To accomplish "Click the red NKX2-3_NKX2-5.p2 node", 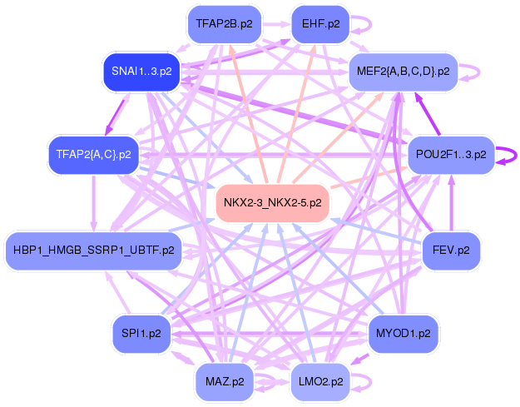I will tap(273, 202).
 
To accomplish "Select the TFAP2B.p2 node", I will tap(219, 24).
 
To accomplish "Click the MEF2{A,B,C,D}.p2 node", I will tap(403, 72).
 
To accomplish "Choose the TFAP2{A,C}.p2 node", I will tap(93, 156).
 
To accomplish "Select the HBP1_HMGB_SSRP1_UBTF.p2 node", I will tap(93, 249).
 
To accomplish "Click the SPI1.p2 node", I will tap(141, 333).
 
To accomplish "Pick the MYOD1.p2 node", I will tap(403, 333).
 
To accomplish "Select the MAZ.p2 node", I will tap(225, 382).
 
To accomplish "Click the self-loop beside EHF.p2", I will tap(364, 24).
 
